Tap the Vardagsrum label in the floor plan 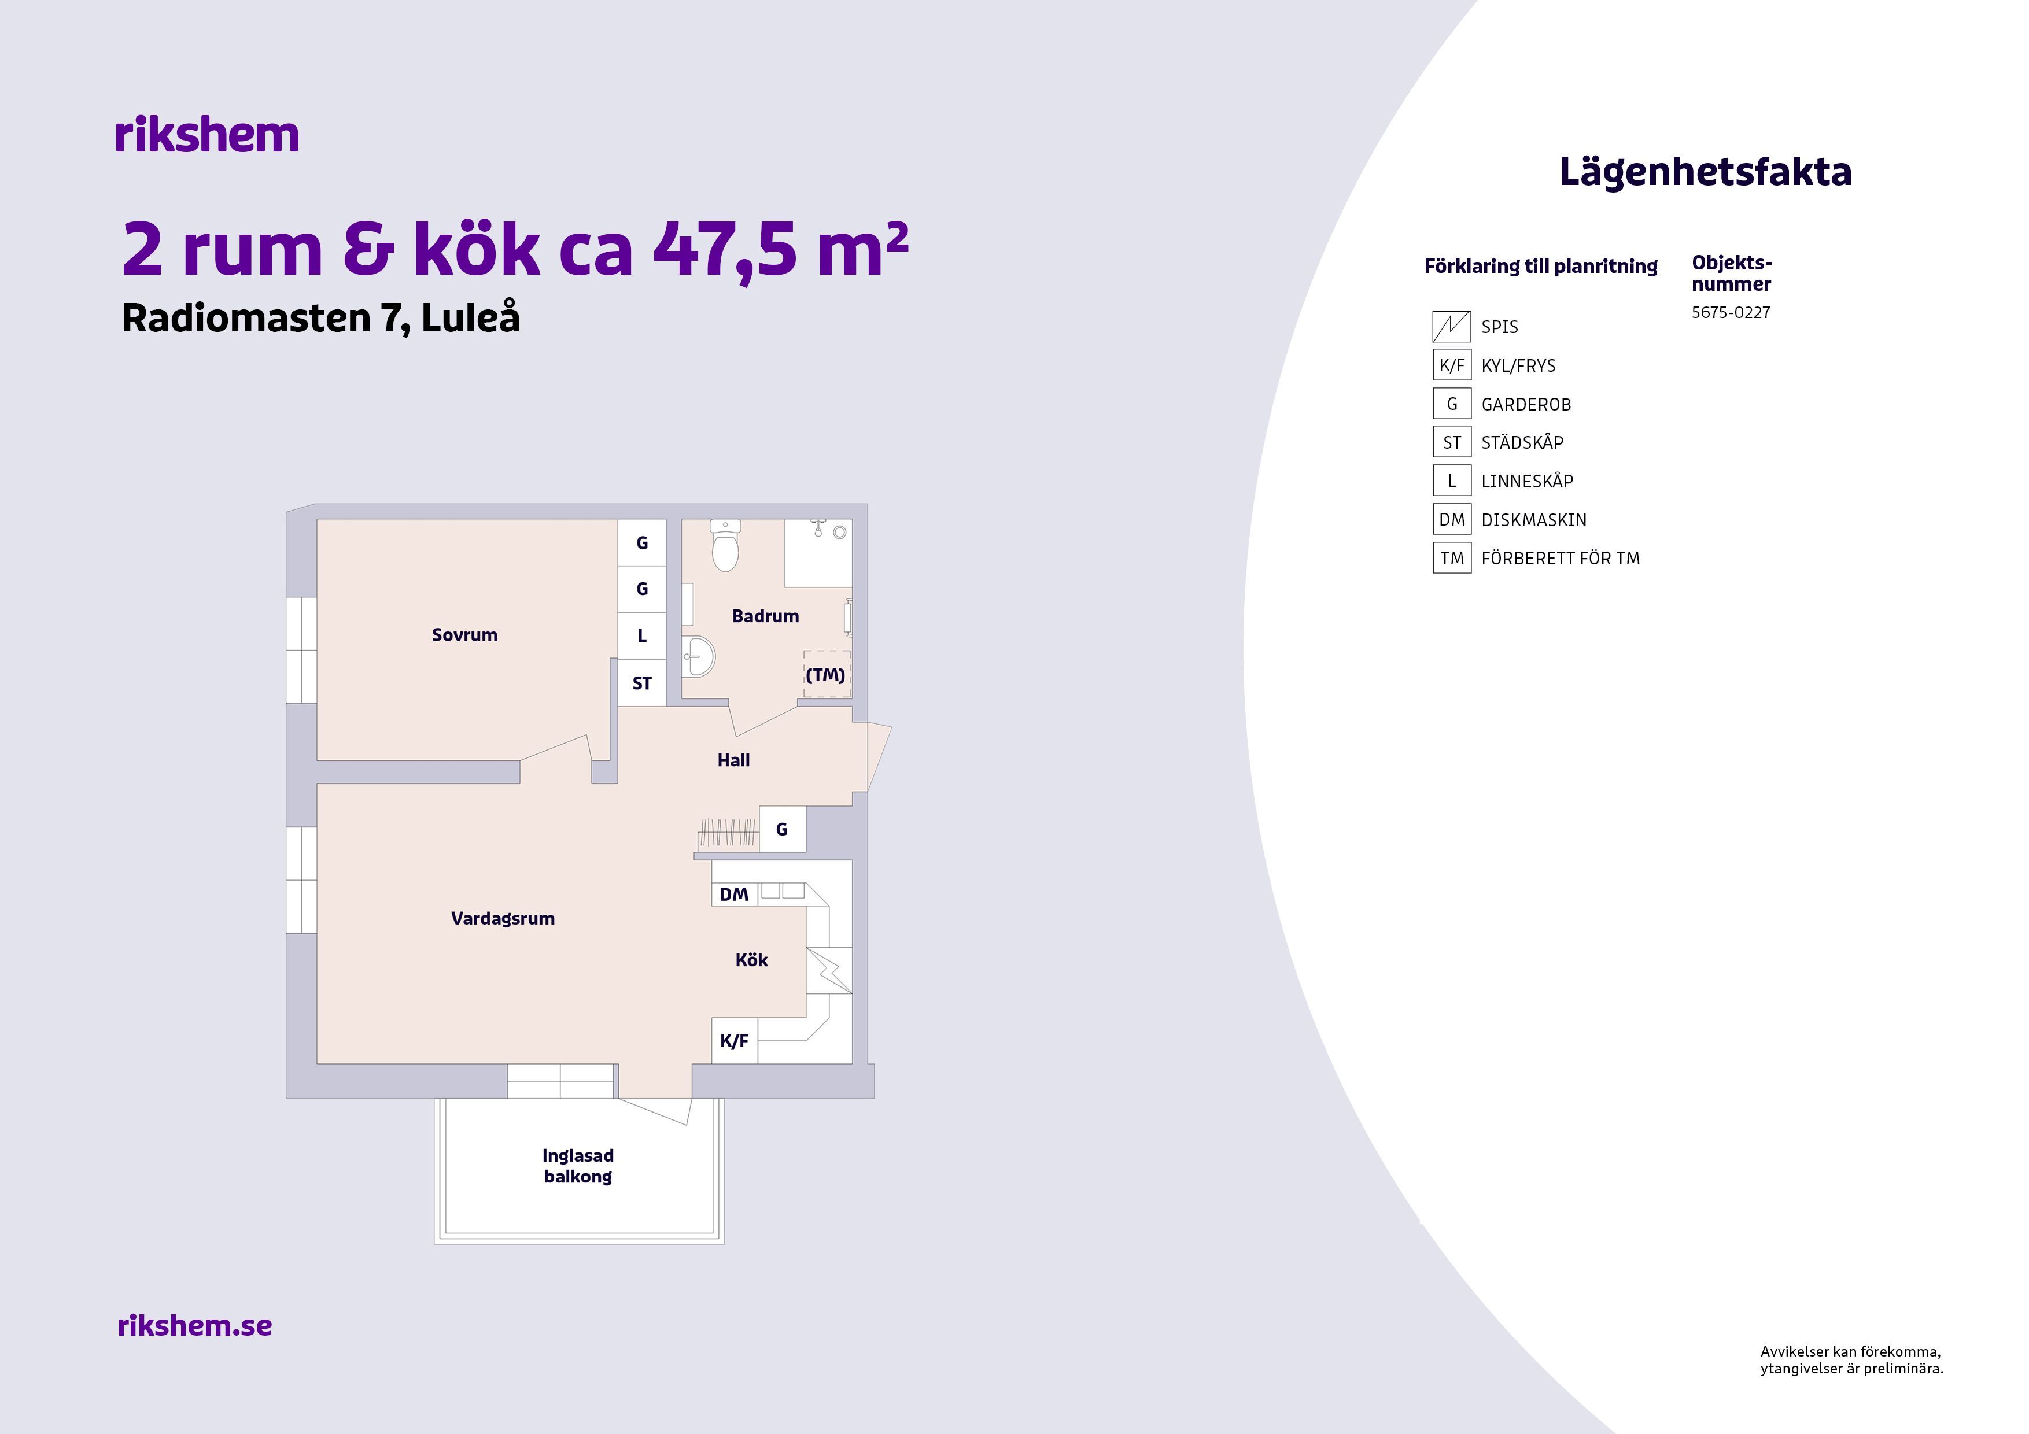(503, 918)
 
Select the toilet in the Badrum (725, 545)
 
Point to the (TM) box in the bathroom (827, 674)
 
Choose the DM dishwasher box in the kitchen (735, 894)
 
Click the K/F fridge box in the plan (735, 1040)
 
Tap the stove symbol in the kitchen (829, 971)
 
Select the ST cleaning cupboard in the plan (641, 683)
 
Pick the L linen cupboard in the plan (641, 635)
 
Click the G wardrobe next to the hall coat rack (782, 829)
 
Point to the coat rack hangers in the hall (727, 833)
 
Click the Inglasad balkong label (578, 1165)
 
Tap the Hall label (733, 760)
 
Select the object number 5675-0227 (1731, 312)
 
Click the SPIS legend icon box (1451, 326)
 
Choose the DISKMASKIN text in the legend (1533, 519)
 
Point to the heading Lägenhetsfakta (1705, 171)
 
